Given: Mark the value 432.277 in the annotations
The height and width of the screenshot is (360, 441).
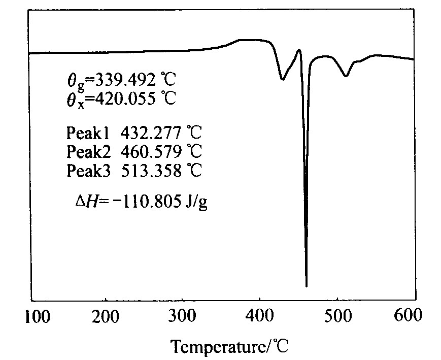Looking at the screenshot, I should (152, 134).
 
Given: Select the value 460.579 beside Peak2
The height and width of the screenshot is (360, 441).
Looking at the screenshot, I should (152, 152).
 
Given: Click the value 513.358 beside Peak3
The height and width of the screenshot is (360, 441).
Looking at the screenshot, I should (152, 171).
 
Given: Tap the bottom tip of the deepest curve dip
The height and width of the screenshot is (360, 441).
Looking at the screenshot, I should (307, 286).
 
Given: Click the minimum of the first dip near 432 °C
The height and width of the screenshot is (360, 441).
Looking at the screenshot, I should (283, 79).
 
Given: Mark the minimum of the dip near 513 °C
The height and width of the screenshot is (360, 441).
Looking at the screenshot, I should (346, 76).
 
